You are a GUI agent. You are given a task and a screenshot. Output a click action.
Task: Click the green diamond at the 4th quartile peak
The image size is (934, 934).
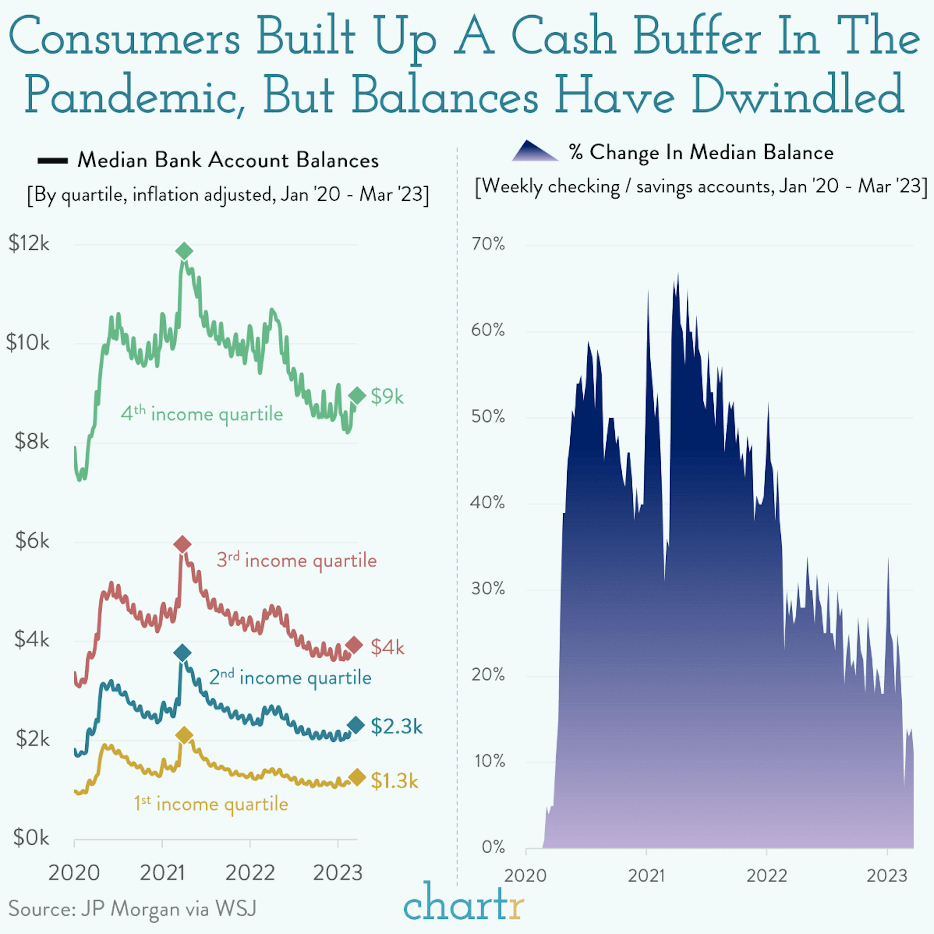[184, 251]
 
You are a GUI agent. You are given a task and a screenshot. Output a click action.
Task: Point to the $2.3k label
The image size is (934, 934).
[396, 726]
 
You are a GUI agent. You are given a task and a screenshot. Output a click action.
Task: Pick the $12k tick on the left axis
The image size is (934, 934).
[29, 244]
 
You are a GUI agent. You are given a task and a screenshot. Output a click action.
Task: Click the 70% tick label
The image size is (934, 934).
[488, 244]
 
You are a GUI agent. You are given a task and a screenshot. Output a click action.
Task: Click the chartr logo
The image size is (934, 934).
[463, 902]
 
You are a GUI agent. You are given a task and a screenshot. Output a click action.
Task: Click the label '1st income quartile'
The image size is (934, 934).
[211, 804]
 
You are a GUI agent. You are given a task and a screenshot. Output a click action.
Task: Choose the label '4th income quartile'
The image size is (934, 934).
[202, 414]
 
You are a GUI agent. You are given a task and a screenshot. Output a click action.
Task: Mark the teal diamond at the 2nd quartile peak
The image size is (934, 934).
[182, 653]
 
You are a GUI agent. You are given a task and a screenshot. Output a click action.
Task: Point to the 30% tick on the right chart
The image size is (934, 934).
[488, 589]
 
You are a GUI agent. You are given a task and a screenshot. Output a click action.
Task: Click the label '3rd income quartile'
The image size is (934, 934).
[296, 560]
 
